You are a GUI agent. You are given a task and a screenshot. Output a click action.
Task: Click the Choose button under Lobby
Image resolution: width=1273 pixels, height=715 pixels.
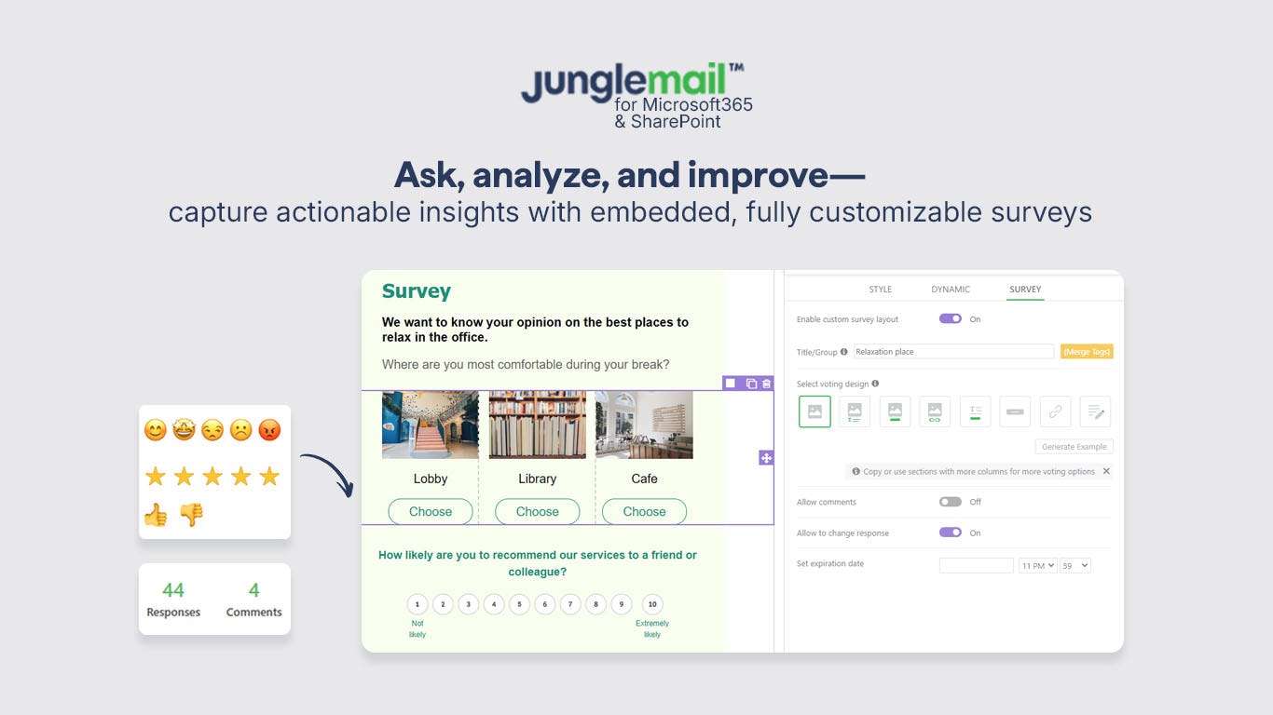click(431, 511)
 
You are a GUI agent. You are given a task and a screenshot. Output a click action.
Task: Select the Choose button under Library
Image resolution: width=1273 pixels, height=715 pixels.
click(537, 511)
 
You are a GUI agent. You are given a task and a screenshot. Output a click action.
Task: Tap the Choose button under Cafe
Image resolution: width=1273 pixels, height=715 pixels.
click(644, 511)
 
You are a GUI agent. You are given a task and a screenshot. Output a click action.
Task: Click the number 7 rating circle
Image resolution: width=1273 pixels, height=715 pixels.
click(570, 604)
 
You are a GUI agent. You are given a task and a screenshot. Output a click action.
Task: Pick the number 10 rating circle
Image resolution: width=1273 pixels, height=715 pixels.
click(652, 604)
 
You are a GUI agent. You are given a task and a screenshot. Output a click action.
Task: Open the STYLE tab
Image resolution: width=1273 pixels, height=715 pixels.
click(880, 290)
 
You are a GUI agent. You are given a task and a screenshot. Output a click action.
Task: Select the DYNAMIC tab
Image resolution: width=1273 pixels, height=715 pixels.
click(951, 290)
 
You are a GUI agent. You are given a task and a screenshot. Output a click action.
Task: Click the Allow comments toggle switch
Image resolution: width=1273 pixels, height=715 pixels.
click(950, 502)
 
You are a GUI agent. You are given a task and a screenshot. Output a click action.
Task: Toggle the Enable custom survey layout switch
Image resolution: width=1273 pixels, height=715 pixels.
click(950, 318)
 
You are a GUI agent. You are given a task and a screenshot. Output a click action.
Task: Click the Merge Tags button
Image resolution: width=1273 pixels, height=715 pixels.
click(1087, 352)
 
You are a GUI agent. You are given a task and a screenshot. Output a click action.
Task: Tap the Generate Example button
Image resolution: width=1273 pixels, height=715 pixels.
click(1074, 447)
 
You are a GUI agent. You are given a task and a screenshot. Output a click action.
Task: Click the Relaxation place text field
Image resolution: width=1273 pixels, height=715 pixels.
click(952, 352)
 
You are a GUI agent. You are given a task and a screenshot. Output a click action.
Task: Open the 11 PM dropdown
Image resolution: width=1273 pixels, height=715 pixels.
click(1037, 565)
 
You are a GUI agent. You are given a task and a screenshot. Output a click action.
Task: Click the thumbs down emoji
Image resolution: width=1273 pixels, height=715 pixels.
click(191, 514)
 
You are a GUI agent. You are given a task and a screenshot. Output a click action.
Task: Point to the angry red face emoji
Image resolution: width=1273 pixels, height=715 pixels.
click(269, 430)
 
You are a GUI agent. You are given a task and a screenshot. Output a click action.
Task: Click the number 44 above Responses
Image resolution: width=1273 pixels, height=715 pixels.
click(173, 590)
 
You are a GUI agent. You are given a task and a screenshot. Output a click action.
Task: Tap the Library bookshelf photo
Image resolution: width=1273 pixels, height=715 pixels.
click(537, 425)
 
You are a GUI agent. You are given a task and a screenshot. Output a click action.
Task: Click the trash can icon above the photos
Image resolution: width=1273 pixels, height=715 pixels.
click(766, 384)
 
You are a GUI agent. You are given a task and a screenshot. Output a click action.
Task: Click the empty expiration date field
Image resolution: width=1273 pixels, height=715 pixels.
click(976, 565)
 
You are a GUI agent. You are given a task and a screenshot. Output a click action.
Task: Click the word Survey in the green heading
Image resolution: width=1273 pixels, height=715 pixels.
click(416, 291)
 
